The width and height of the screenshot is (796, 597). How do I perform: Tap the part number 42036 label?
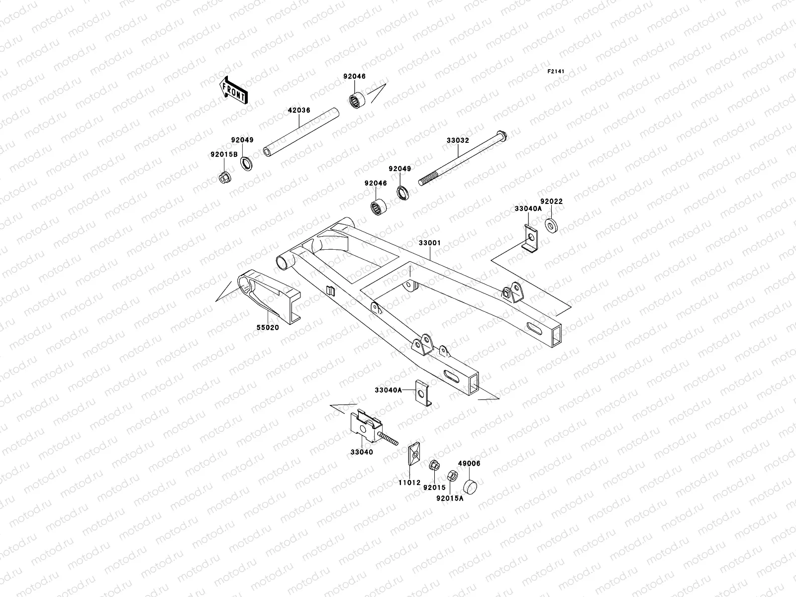298,110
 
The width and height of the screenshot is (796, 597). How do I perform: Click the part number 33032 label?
457,141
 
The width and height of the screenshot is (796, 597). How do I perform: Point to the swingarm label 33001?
429,243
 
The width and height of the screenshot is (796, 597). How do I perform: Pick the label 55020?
267,327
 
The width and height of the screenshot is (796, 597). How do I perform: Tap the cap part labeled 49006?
470,486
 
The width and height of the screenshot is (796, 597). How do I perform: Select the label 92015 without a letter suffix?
434,488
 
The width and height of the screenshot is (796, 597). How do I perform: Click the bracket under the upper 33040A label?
530,239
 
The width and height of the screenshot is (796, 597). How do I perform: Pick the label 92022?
551,201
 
